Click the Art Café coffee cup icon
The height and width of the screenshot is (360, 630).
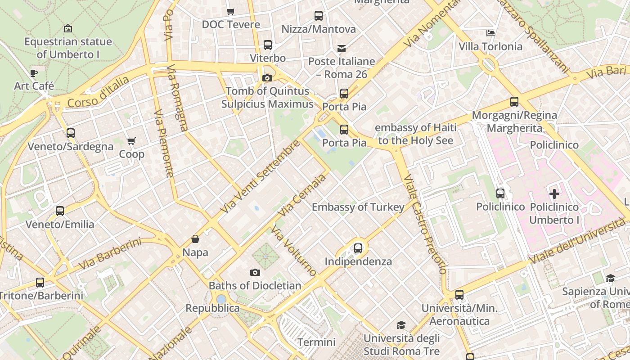click(34, 73)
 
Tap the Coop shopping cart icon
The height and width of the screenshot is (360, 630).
click(131, 141)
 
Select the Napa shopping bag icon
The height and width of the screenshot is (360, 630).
click(195, 239)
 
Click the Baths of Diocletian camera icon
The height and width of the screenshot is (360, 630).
click(255, 273)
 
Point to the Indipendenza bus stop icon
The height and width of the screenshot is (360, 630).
click(358, 248)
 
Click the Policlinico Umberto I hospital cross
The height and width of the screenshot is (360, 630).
click(554, 194)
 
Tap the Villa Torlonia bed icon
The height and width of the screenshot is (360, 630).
click(490, 33)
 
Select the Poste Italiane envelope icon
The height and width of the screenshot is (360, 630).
click(342, 49)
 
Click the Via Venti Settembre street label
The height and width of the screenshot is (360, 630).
click(260, 177)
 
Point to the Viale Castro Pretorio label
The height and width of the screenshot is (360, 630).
click(425, 224)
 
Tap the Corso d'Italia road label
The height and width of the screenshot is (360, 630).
click(98, 92)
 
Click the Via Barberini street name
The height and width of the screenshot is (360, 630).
click(110, 254)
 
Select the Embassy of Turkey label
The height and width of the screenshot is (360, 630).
click(358, 207)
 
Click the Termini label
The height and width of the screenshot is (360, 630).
click(316, 342)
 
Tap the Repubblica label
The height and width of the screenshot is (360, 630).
click(213, 308)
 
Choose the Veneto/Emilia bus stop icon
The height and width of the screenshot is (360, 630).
click(60, 211)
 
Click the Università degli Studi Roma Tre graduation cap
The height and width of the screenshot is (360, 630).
click(400, 325)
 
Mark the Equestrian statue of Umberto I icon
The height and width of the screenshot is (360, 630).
click(68, 28)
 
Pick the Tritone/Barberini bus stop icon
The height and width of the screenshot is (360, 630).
click(40, 283)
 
